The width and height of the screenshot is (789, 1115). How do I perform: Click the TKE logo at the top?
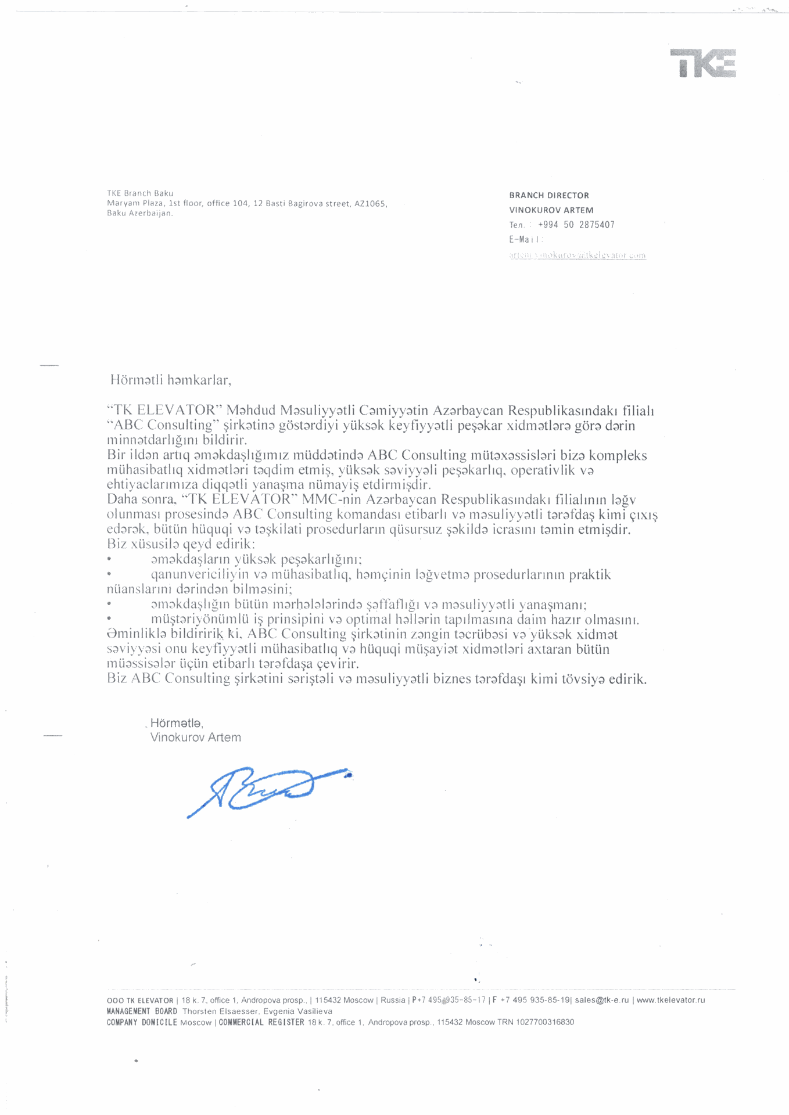pos(703,63)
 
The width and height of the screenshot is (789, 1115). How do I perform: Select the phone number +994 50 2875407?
pos(576,225)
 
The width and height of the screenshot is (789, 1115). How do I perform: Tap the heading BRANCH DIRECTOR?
pos(549,195)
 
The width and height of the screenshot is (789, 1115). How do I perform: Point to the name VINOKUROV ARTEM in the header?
pos(551,210)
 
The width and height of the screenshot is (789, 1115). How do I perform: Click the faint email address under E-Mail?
pos(578,255)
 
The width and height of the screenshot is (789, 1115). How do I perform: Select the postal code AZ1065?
pos(370,203)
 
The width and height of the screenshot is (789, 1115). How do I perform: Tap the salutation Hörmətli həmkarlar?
pos(171,380)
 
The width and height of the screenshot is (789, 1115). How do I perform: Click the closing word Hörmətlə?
pos(177,723)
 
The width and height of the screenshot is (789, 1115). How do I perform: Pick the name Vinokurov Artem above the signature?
pos(195,738)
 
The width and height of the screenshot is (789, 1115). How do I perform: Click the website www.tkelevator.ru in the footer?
pos(670,1000)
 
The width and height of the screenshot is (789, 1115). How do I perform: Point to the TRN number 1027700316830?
pos(546,1022)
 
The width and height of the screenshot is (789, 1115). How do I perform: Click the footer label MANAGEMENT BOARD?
pos(142,1011)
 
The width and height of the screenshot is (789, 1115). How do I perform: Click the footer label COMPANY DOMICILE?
pos(142,1022)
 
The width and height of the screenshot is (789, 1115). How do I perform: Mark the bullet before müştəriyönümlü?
pos(109,619)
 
